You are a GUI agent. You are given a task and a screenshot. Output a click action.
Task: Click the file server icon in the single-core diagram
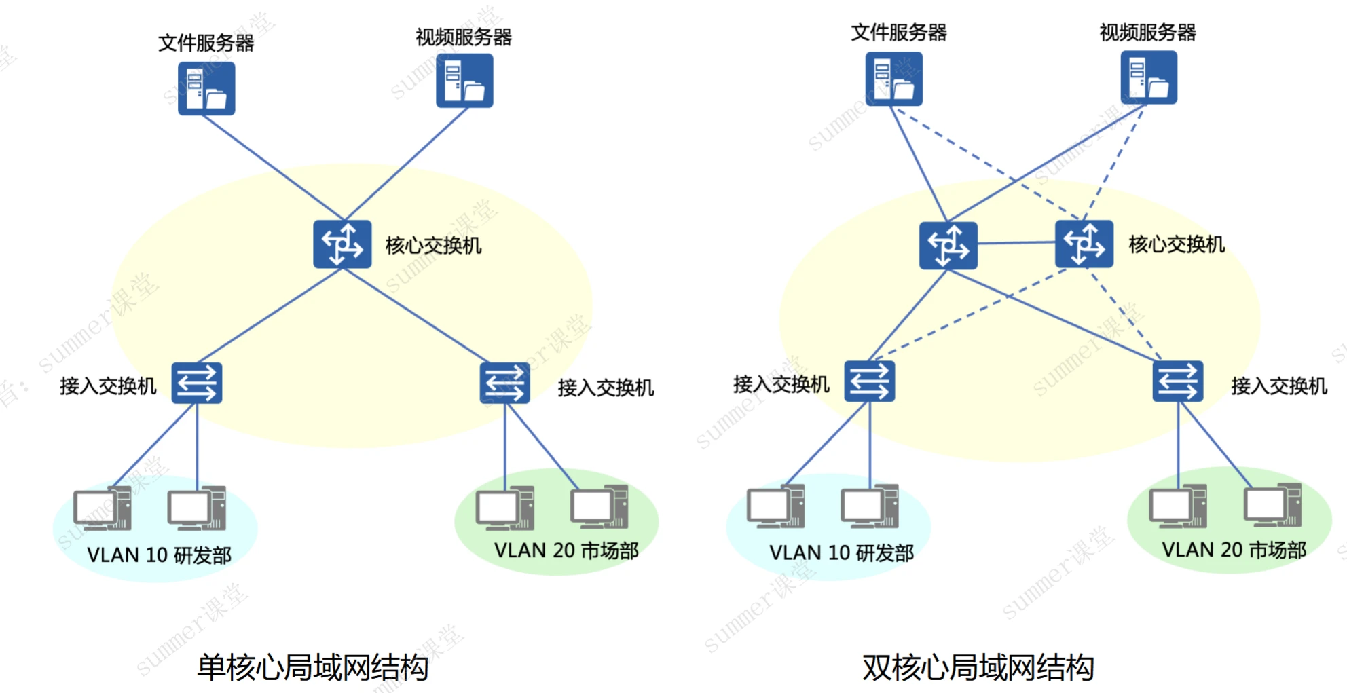(x=206, y=89)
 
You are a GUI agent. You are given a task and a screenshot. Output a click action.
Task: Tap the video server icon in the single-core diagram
(x=464, y=81)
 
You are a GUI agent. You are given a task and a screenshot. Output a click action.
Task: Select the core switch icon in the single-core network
(x=342, y=244)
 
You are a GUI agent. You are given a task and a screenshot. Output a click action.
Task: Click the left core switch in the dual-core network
(x=948, y=245)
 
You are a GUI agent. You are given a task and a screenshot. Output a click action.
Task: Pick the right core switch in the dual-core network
(x=1084, y=244)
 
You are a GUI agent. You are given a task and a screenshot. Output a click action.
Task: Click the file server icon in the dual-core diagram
(x=893, y=79)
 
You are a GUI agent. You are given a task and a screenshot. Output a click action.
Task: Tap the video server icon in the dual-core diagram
(x=1148, y=77)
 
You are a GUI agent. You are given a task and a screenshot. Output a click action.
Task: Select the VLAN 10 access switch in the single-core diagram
(x=197, y=383)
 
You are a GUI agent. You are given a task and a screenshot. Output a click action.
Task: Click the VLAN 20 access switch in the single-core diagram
(x=504, y=383)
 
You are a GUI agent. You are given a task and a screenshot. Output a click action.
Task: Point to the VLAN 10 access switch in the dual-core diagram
(x=870, y=381)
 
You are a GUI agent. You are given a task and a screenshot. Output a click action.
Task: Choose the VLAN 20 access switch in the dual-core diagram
(x=1178, y=381)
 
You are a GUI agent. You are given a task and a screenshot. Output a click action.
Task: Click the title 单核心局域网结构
(x=312, y=667)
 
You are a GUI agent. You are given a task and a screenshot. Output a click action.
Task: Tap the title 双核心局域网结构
(x=978, y=667)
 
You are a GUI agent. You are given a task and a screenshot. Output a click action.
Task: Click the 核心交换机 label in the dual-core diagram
(x=1177, y=244)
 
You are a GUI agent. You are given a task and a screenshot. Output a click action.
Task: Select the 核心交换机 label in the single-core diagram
(x=433, y=246)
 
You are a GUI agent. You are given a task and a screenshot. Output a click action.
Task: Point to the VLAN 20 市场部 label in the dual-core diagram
(x=1234, y=550)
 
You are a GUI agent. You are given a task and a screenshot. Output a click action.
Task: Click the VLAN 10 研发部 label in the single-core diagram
(x=159, y=555)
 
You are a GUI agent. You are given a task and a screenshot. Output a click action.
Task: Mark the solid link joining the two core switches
(x=1016, y=242)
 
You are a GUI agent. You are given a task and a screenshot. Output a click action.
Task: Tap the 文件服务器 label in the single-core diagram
(x=206, y=43)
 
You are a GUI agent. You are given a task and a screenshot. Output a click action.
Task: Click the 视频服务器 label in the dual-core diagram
(x=1147, y=32)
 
